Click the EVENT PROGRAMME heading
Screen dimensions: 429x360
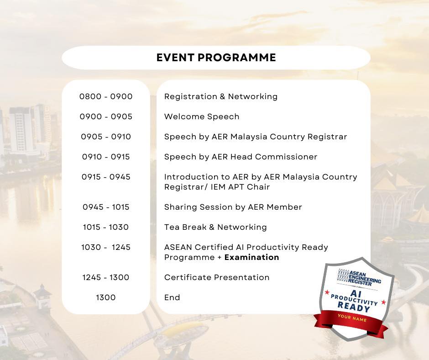point(216,58)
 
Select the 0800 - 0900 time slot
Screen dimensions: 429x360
point(106,96)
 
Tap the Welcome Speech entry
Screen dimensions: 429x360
point(202,117)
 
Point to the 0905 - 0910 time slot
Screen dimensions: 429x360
point(106,137)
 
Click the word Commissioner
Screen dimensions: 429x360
point(286,157)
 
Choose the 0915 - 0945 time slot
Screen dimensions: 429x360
point(106,177)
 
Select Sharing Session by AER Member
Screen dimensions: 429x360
point(233,207)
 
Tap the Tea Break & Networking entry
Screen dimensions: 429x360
point(215,227)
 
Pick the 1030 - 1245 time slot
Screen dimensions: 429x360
point(106,247)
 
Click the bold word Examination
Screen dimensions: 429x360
point(252,257)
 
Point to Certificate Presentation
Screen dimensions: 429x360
point(217,277)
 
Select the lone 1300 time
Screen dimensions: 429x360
point(106,297)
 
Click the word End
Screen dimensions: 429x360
point(172,297)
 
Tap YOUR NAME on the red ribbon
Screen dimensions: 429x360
point(352,318)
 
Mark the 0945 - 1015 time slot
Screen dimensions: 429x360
point(106,207)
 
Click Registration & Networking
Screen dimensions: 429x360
point(221,97)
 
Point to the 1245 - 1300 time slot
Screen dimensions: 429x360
point(106,277)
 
